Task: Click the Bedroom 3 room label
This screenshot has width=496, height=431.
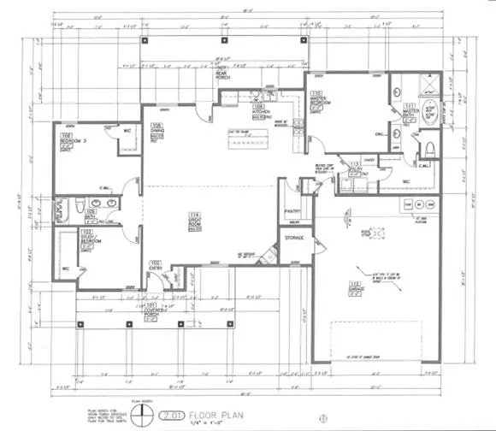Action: click(69, 138)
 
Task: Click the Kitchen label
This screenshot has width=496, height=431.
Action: click(261, 110)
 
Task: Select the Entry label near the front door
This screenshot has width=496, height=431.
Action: click(156, 266)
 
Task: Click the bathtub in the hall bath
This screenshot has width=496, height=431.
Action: click(62, 208)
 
